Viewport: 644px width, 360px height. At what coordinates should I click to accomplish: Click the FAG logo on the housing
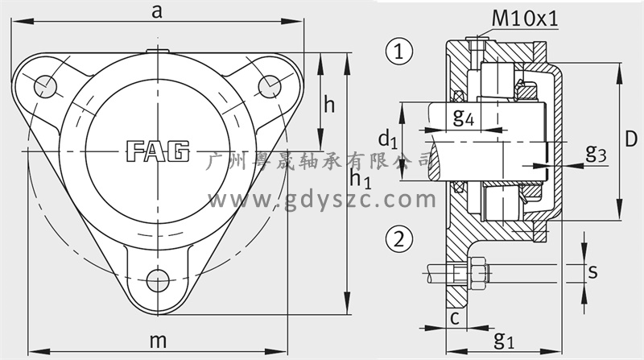coord(158,151)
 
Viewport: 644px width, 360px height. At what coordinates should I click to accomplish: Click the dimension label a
coord(157,12)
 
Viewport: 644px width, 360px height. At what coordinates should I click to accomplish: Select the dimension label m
coord(158,341)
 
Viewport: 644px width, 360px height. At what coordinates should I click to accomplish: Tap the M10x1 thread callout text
coord(526,19)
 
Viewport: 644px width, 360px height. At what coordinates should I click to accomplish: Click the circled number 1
coord(398,52)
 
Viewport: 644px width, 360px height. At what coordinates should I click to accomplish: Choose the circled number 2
coord(398,238)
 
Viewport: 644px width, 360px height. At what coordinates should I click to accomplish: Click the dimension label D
coord(631,139)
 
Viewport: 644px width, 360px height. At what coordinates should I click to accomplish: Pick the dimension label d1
coord(388,139)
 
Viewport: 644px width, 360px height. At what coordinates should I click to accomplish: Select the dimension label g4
coord(464,117)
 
